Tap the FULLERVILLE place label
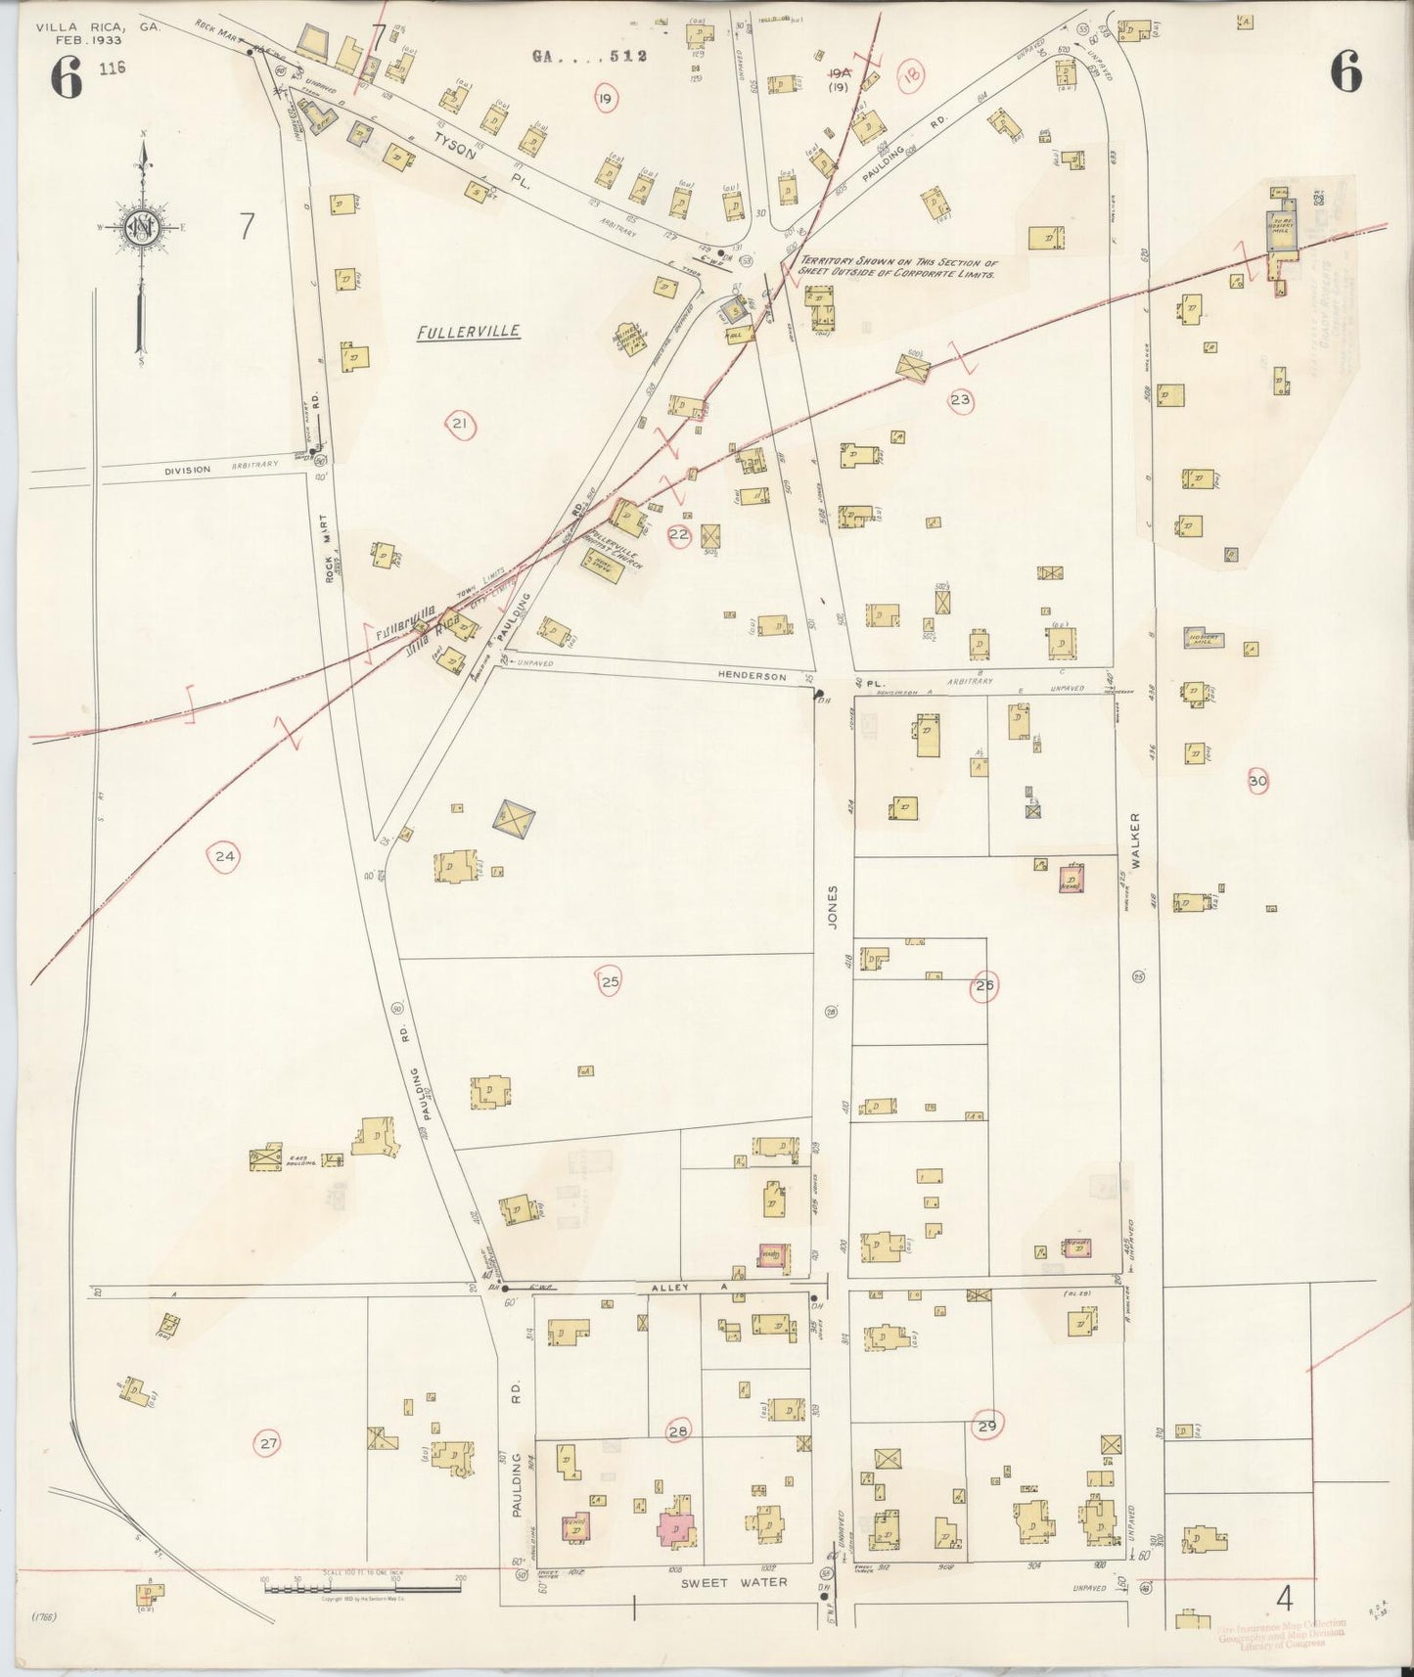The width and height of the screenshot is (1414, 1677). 468,333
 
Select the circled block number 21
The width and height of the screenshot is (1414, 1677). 459,424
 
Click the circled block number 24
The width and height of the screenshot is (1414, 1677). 225,857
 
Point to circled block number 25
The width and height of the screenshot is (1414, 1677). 610,982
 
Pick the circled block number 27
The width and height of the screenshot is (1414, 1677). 267,1443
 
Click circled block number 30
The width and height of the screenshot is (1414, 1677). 1257,781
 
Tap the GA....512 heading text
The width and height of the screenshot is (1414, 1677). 590,56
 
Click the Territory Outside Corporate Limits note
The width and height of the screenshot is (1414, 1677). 897,269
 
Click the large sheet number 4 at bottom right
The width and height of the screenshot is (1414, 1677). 1285,1600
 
